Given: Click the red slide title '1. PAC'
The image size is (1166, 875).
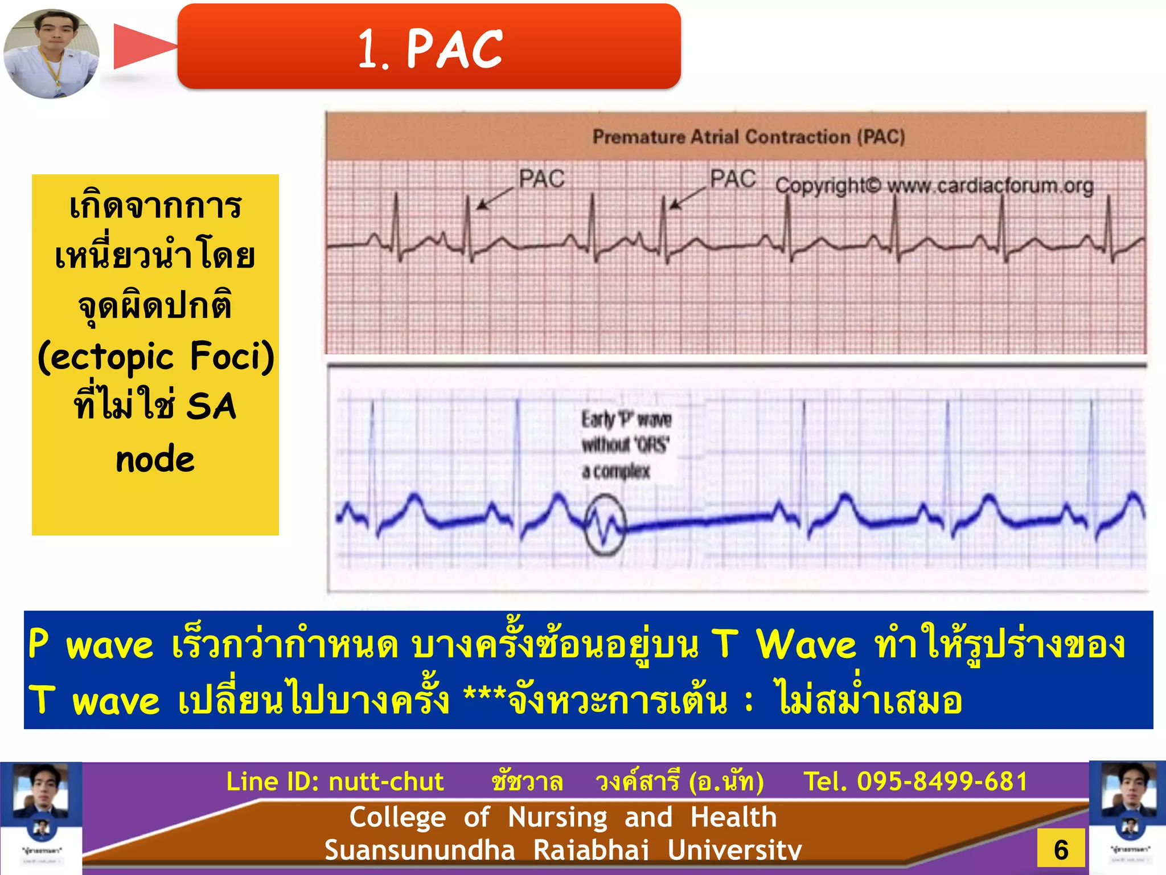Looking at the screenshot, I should pos(430,49).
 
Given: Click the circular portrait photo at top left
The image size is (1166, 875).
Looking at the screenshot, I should pos(51,53).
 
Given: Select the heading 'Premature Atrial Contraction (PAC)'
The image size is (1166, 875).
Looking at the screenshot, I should pos(748,137).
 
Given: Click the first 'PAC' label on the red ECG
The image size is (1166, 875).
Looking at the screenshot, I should pos(541,179).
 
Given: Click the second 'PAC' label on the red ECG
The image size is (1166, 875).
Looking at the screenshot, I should pos(732,179).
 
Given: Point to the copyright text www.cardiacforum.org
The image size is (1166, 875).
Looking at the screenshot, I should pos(934,186).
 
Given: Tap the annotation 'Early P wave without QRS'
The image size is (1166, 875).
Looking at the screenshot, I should pos(625,445).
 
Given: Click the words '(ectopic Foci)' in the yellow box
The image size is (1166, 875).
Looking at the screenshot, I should pos(155,357).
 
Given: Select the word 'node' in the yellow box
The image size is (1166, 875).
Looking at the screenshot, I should pos(155,459).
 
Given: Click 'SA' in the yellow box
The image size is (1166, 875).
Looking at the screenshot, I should pos(211,407).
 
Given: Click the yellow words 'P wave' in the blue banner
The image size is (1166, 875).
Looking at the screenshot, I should pos(91,645).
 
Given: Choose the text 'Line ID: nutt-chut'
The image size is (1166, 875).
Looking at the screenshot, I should pos(335,782).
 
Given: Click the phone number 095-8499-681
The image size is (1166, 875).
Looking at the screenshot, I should pos(942,782).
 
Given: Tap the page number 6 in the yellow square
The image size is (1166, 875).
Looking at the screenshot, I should pos(1061,850).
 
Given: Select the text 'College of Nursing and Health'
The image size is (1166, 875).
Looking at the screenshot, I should pos(563,817).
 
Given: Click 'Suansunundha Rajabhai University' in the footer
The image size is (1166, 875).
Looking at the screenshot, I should pos(563,850).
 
